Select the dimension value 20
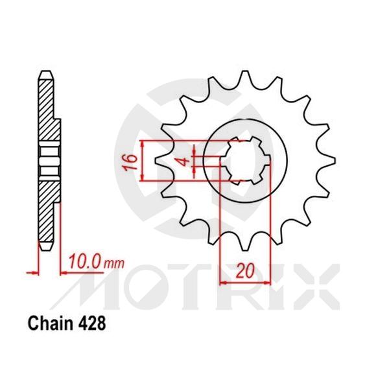244,272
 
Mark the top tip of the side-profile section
45,72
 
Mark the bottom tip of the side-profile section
45,247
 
